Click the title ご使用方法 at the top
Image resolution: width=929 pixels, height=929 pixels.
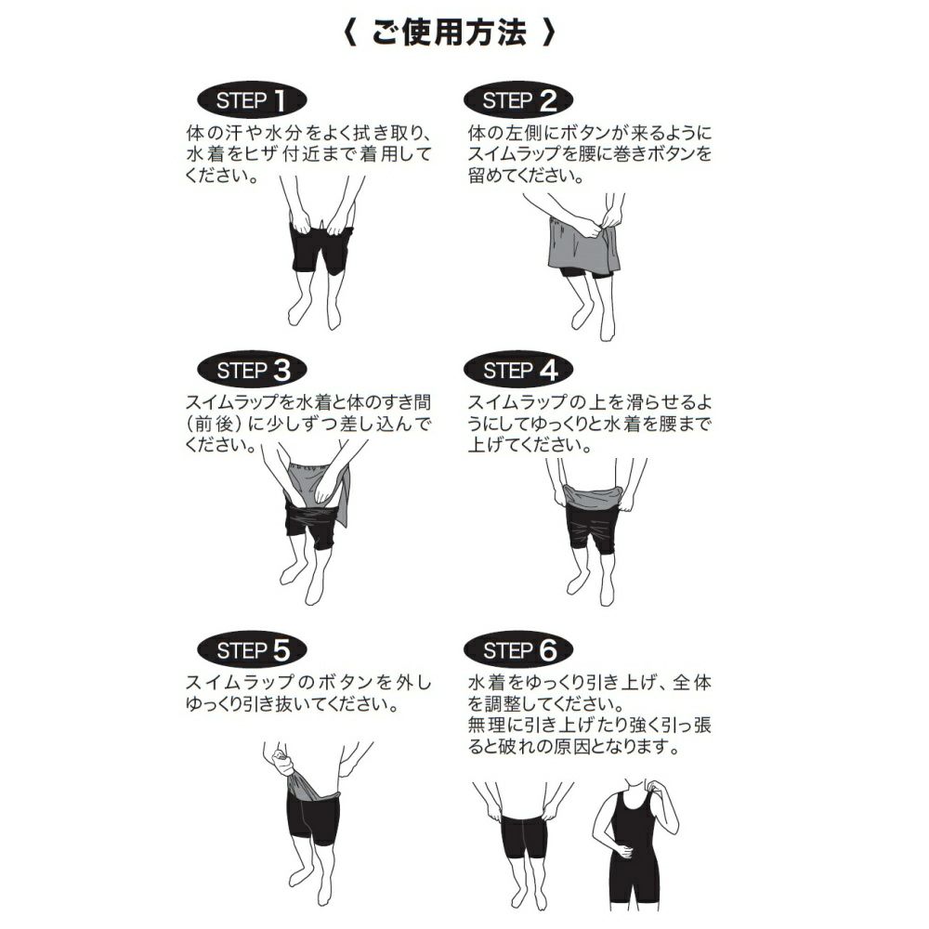450,33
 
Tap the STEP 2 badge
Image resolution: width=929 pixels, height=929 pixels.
519,100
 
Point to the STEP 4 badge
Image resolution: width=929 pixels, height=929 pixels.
519,371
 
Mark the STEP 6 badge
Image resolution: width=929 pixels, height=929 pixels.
519,650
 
